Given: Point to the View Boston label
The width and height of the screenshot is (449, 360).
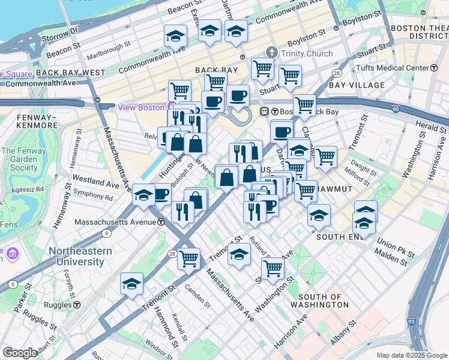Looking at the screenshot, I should click(141, 107).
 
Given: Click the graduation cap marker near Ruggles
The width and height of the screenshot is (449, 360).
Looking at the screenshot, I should click(131, 284).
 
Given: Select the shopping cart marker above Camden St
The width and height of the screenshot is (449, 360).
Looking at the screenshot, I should click(188, 259).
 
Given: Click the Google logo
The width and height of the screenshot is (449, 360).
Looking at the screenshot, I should click(20, 353).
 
